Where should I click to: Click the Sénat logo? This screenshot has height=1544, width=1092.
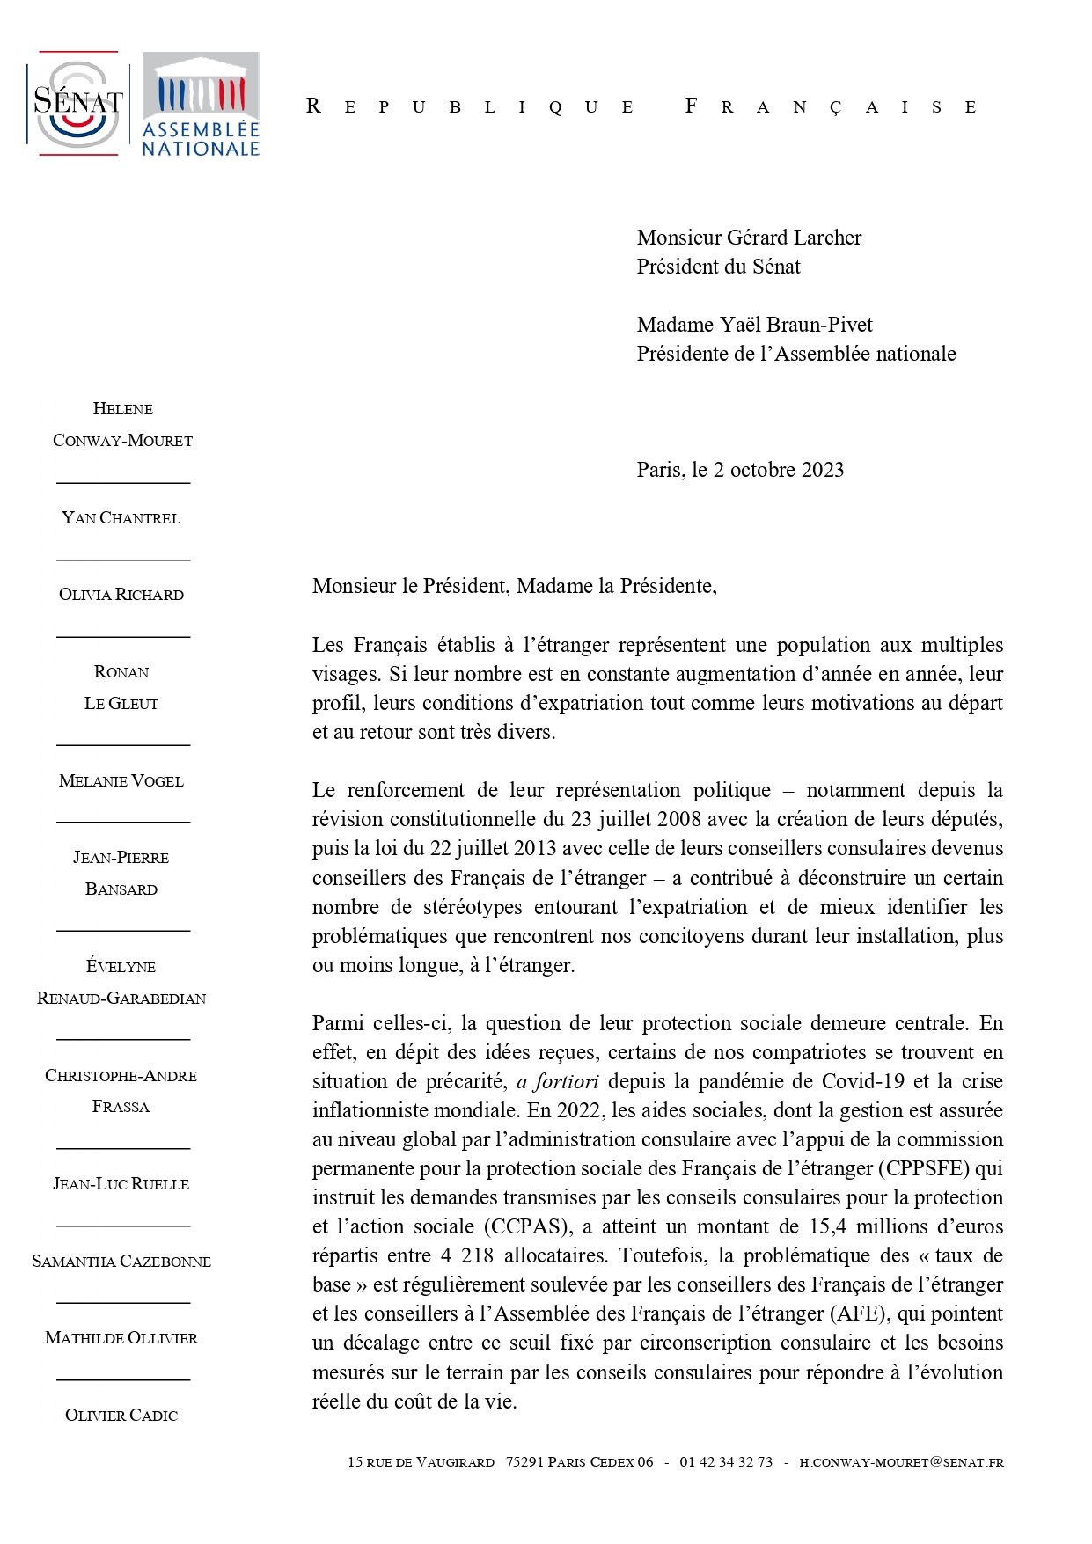coord(77,104)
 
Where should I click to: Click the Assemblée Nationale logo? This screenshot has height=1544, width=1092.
coord(201,104)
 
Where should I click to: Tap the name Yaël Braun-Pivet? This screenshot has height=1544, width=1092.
coord(796,325)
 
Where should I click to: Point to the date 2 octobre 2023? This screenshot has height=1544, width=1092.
coord(778,470)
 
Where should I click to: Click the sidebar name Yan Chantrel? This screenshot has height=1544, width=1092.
coord(121,518)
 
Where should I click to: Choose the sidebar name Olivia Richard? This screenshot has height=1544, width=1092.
coord(121,595)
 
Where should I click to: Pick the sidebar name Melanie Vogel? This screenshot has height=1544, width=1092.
coord(121,781)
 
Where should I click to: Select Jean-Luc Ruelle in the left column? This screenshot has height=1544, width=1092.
coord(121,1184)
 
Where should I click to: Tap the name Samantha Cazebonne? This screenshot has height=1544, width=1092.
coord(121,1262)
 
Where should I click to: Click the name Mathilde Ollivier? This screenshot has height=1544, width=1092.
coord(121,1338)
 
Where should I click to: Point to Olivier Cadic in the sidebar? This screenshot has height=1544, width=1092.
coord(121,1416)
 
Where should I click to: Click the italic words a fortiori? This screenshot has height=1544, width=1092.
coord(558,1081)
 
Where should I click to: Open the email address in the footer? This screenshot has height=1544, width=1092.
coord(901,1462)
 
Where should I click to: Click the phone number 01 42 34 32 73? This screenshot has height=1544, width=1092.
coord(726,1462)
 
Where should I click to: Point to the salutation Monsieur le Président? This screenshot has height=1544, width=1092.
coord(408,586)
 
